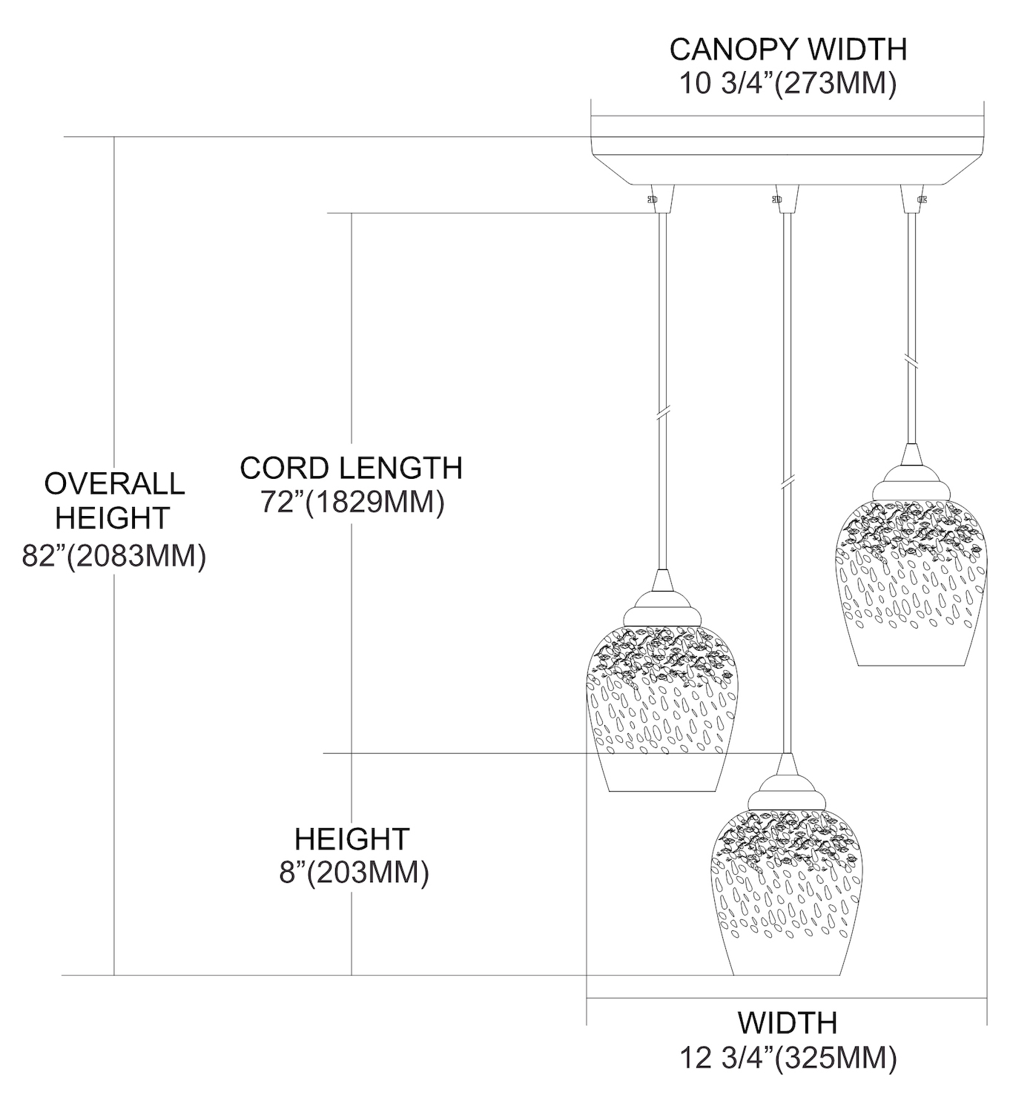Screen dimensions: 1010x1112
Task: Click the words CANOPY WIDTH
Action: pos(788,50)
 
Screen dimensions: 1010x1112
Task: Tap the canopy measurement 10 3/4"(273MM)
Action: pos(788,85)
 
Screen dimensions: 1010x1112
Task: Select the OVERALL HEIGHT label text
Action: pos(113,500)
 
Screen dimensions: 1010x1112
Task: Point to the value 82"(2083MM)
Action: pos(113,555)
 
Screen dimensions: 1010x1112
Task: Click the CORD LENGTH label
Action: pos(351,468)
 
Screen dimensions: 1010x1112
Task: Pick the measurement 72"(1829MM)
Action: pos(353,503)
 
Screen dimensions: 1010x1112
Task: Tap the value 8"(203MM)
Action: pos(354,873)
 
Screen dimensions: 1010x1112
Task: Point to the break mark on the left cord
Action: pos(662,413)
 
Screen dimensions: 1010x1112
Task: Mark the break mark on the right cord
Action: pos(911,362)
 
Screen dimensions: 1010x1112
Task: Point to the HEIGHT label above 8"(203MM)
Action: pos(352,838)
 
